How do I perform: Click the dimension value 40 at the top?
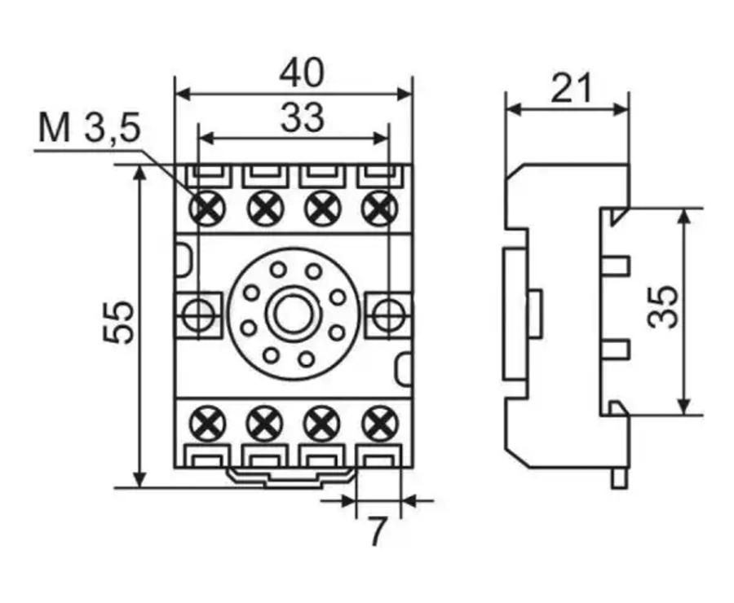(x=301, y=73)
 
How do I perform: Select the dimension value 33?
(x=302, y=118)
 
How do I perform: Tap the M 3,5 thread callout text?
(x=89, y=130)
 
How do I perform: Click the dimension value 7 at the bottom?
(x=376, y=532)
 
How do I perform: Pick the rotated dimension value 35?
(x=664, y=306)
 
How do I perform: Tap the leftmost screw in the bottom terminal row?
(x=207, y=424)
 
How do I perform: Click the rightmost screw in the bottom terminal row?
(x=378, y=424)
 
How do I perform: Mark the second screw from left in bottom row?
(x=264, y=424)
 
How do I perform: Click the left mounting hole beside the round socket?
(x=197, y=314)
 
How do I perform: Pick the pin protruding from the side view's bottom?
(x=619, y=478)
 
